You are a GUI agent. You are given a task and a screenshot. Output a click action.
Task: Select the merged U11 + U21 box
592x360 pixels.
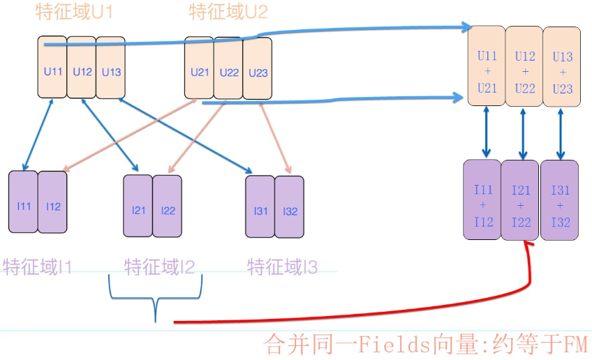coord(487,66)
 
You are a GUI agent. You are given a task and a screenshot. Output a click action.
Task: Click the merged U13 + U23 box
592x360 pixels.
coord(561,66)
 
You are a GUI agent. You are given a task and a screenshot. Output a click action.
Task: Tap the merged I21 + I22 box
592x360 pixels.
coord(520,200)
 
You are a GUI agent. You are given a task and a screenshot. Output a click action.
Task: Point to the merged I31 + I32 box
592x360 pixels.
coord(560,200)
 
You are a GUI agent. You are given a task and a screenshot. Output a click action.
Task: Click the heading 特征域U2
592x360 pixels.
coord(228,12)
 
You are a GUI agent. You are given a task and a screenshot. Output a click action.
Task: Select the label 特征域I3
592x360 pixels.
coord(283,267)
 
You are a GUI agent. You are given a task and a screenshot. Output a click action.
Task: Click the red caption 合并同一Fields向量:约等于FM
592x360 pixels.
coord(425,345)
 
